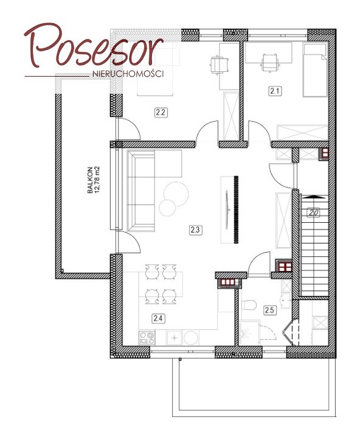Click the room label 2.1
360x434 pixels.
tap(275, 91)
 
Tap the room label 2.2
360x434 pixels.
tap(161, 113)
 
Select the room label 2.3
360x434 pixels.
tap(196, 230)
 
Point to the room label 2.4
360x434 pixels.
tap(158, 318)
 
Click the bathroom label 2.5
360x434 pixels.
tap(269, 310)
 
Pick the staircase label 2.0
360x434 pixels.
tap(314, 213)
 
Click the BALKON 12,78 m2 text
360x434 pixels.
tap(93, 180)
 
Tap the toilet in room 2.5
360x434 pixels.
tap(249, 305)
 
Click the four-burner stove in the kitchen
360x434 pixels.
tap(147, 338)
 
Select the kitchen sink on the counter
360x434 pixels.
tap(175, 338)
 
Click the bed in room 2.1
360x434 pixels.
tap(315, 69)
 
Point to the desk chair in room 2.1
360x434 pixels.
tap(269, 63)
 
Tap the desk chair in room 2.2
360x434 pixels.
tap(219, 65)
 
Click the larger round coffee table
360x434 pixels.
tap(176, 194)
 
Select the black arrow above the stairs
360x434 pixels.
tap(313, 197)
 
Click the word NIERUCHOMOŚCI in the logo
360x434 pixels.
tap(128, 74)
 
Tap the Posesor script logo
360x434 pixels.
tap(94, 46)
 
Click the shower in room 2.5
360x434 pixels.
tap(249, 333)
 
